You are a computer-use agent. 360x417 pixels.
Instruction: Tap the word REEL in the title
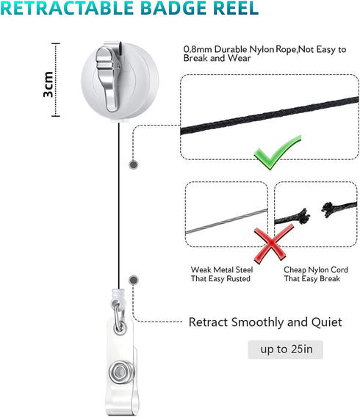coord(236,7)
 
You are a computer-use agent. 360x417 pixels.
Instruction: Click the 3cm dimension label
coord(48,84)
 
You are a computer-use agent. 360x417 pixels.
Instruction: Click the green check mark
coord(277,153)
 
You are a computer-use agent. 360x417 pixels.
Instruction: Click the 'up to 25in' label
coord(286,349)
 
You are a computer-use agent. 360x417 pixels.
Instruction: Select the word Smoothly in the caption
coord(257,322)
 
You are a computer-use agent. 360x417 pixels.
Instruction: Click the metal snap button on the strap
coord(119,371)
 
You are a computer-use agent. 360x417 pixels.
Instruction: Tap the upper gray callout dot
coord(133,165)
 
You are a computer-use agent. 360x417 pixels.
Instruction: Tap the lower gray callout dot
coord(133,280)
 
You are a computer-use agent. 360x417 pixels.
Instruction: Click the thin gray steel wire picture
coord(226,222)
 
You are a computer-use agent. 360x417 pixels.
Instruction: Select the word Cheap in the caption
coord(295,270)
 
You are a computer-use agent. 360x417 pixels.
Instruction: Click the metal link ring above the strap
coord(119,318)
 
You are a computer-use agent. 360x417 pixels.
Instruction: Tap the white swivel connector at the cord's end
coord(117,296)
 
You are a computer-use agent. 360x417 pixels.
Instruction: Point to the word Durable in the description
coord(231,49)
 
